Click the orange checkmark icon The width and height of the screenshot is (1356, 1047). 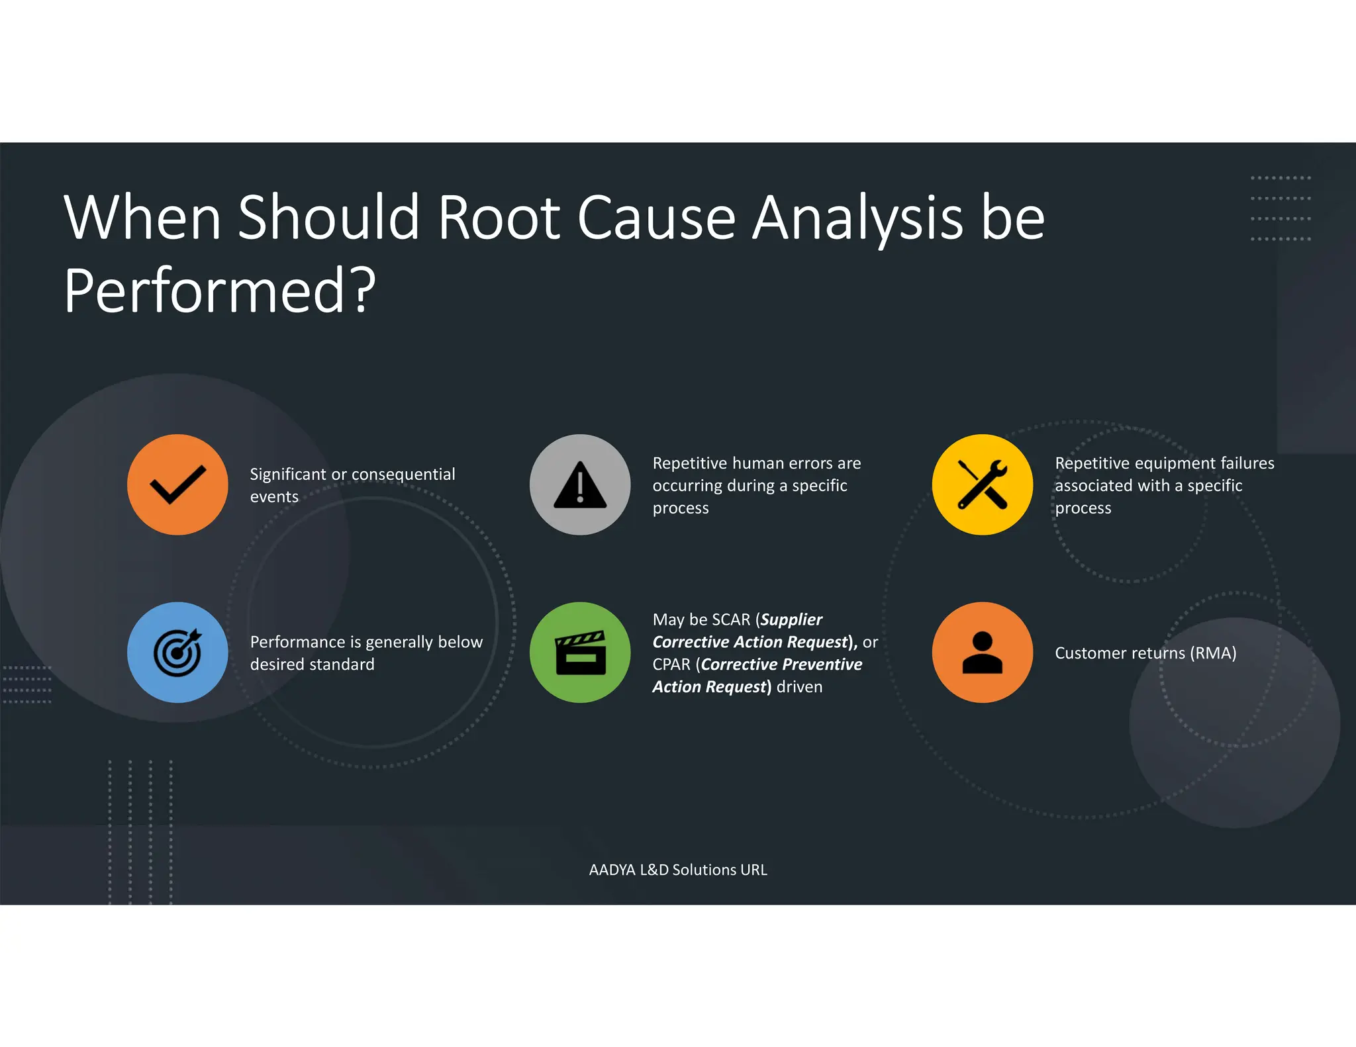(177, 484)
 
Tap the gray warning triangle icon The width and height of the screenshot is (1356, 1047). (580, 484)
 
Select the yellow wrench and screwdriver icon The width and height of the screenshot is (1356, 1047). (983, 484)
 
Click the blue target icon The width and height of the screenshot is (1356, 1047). (177, 653)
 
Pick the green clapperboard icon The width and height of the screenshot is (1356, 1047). (580, 653)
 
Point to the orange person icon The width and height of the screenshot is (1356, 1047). (983, 653)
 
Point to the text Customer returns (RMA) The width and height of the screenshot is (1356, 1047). (1145, 653)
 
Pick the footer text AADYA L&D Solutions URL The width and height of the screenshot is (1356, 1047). (678, 870)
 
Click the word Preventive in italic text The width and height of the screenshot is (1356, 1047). (821, 664)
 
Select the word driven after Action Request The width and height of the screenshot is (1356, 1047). (799, 687)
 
